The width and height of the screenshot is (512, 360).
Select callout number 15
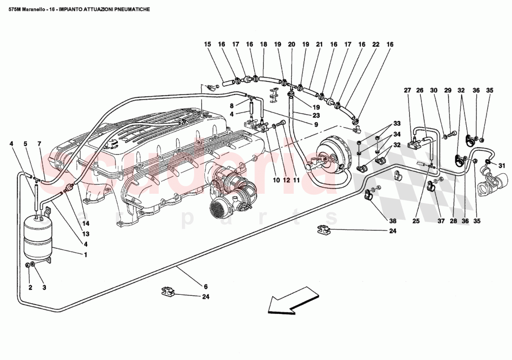click(207, 44)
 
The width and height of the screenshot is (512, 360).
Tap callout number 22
click(376, 44)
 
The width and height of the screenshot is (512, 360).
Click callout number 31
click(501, 165)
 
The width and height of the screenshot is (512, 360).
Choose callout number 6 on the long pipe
click(205, 287)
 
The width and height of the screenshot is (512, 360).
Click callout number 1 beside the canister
click(85, 255)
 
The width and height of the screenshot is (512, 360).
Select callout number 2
click(30, 287)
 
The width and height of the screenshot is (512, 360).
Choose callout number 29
click(448, 90)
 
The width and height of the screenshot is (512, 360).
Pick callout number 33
click(397, 124)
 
